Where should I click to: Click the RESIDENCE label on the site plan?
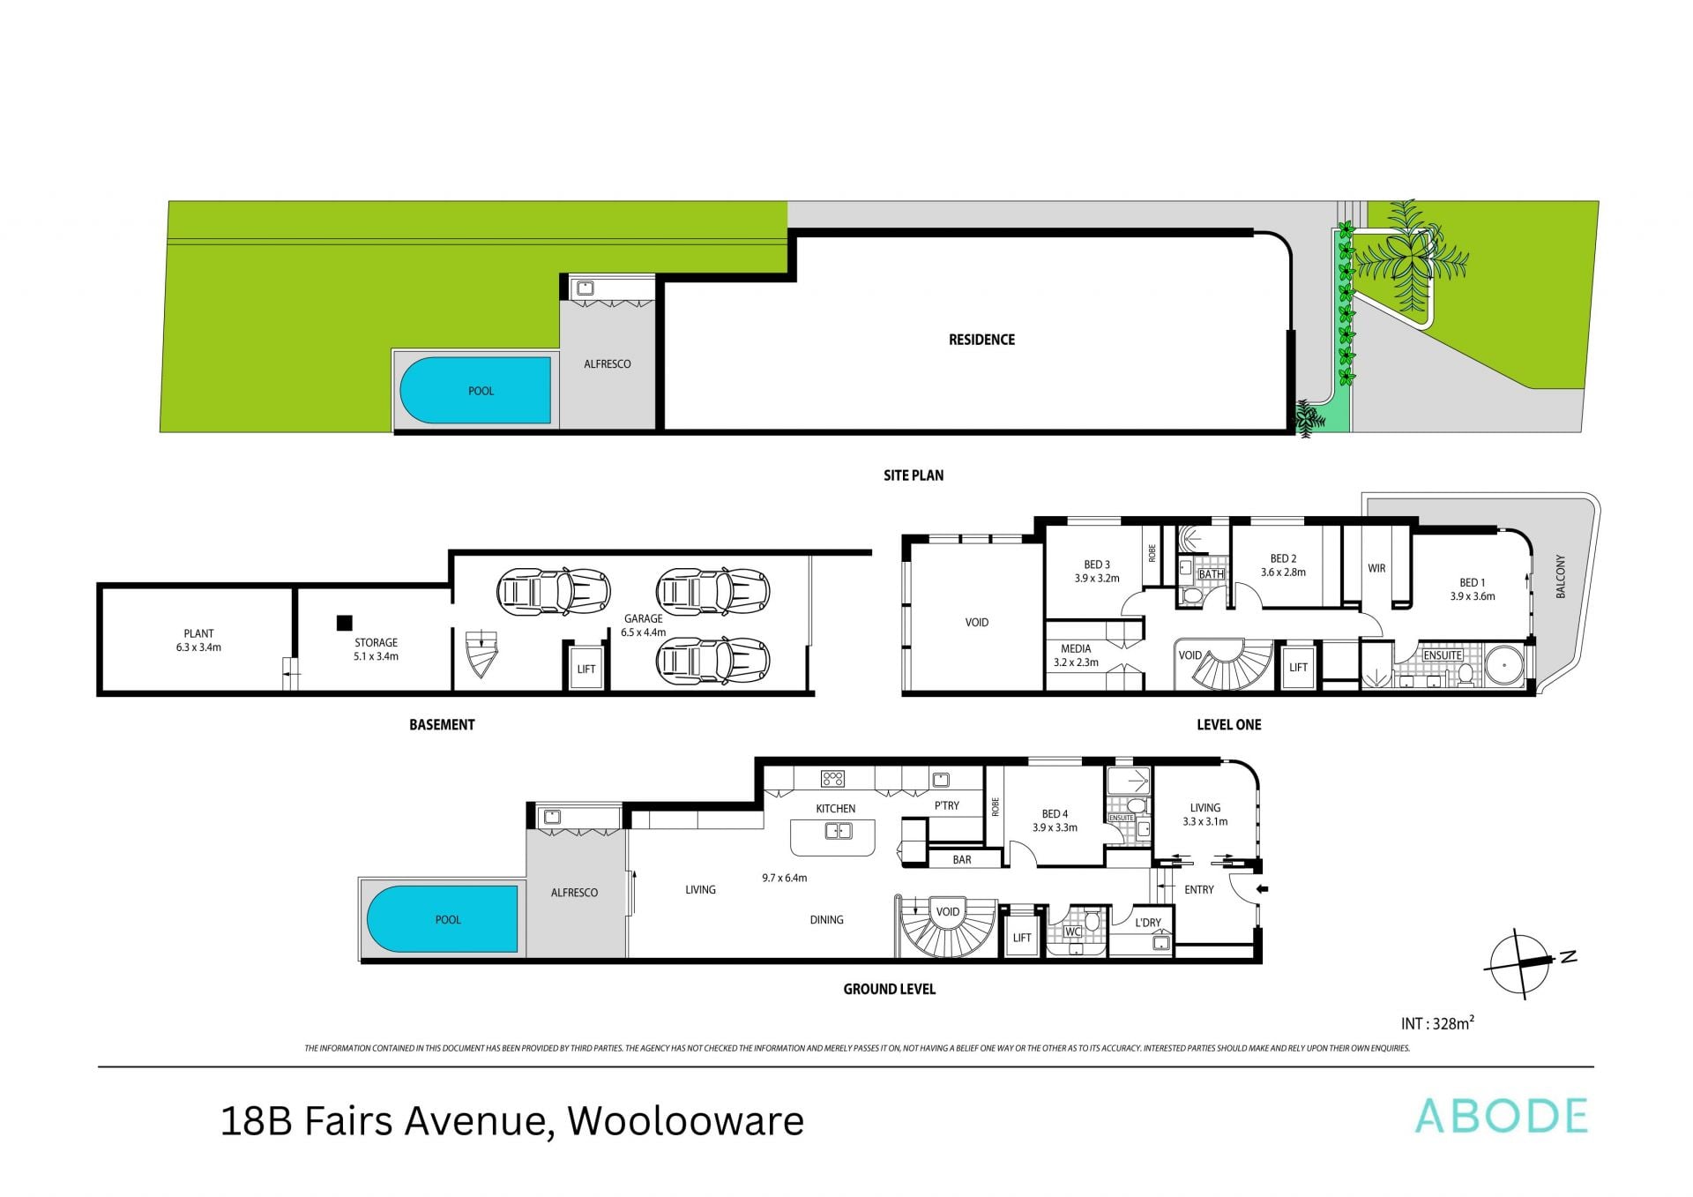[981, 340]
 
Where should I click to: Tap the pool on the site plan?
[476, 390]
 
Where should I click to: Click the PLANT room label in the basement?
[198, 633]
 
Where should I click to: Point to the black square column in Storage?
[344, 623]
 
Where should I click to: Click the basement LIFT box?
[586, 669]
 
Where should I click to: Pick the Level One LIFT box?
[1298, 667]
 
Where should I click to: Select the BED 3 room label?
[1097, 565]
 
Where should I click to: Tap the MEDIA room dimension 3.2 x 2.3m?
[1076, 662]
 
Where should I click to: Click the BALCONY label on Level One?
[1560, 576]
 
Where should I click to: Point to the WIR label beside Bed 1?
[1376, 568]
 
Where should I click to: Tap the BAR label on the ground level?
[962, 859]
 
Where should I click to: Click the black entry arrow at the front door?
[1262, 889]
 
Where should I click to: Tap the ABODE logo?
[1501, 1117]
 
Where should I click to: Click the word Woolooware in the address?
[685, 1121]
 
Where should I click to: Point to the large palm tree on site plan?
[1408, 256]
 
